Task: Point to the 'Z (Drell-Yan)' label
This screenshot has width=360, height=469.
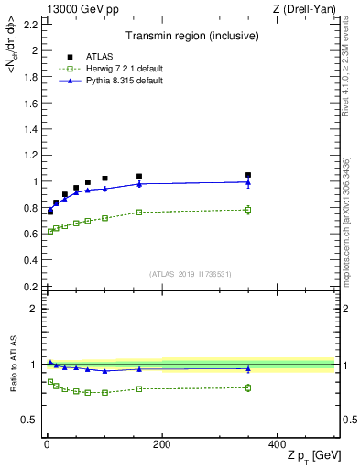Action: (x=307, y=9)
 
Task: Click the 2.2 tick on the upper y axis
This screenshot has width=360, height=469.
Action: (x=29, y=24)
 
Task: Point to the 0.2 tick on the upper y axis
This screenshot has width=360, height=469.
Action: (x=29, y=286)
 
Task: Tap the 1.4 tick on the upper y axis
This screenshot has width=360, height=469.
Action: (x=29, y=129)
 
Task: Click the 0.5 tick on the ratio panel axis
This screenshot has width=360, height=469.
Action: (x=31, y=420)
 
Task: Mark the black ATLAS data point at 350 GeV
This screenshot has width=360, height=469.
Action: (x=248, y=175)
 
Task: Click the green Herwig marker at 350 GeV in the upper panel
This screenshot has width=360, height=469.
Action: (x=248, y=210)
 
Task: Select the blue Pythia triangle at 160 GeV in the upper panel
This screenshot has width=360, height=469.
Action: (x=139, y=184)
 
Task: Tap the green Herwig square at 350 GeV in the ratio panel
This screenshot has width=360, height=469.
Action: (x=248, y=387)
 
